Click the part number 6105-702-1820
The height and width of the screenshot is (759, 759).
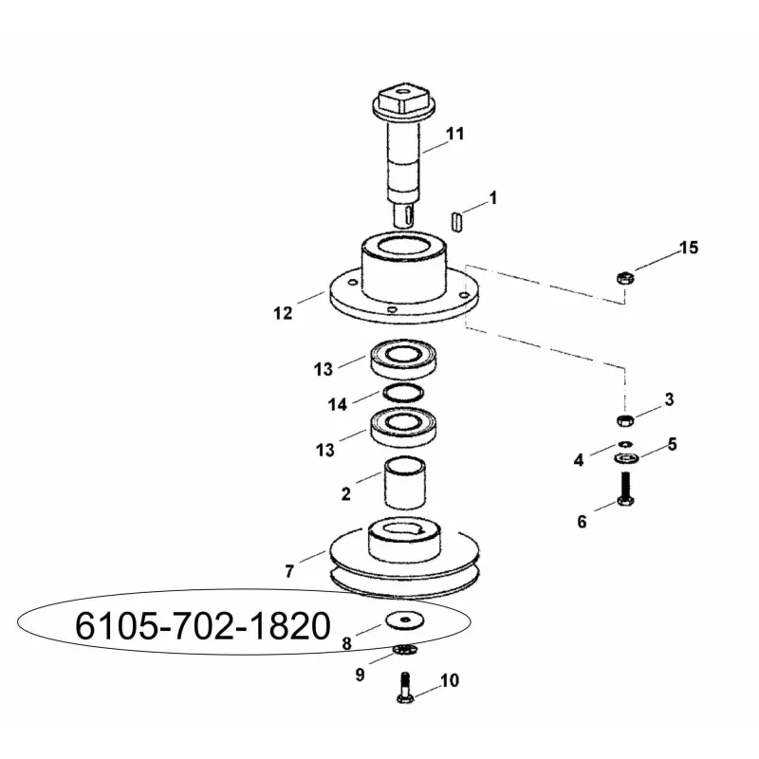click(x=203, y=626)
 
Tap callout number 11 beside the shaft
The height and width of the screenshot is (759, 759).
click(x=454, y=134)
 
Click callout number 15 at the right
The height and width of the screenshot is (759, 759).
click(x=690, y=248)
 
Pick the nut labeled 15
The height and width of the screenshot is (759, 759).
click(x=625, y=278)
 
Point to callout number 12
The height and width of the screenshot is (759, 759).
click(x=283, y=313)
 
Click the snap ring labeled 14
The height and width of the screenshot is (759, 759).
click(x=403, y=393)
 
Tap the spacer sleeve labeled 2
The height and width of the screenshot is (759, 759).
click(x=405, y=483)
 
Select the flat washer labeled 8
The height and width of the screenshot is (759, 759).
click(x=405, y=620)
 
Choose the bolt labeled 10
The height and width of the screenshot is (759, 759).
click(x=406, y=687)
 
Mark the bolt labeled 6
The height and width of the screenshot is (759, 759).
click(x=625, y=489)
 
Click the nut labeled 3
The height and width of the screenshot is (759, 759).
click(x=625, y=419)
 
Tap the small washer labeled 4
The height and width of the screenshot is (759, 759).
click(x=625, y=443)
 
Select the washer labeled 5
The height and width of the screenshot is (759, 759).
click(x=626, y=457)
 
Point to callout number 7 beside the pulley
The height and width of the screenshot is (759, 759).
click(x=289, y=572)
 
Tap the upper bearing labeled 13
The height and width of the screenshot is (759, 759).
click(x=404, y=360)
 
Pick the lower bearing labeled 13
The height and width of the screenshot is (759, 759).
click(x=404, y=426)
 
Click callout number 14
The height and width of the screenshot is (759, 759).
click(x=338, y=404)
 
